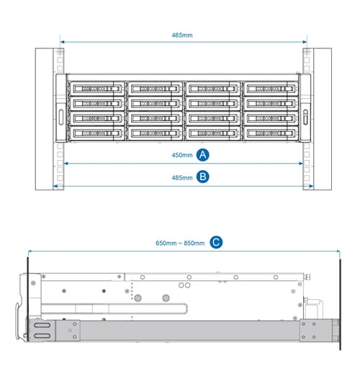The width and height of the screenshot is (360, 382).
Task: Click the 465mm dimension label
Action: (x=182, y=35)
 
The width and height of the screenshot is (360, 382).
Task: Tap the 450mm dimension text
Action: (x=182, y=155)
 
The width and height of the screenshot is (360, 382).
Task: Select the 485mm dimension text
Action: (x=182, y=178)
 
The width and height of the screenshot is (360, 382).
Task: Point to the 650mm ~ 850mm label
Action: (x=180, y=243)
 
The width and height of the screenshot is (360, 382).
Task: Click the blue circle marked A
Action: (x=203, y=155)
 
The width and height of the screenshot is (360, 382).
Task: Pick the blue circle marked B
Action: (x=203, y=177)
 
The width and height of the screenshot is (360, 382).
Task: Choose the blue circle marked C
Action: (x=216, y=242)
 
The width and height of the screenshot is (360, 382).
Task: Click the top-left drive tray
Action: (x=97, y=89)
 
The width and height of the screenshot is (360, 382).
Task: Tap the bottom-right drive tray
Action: (x=271, y=133)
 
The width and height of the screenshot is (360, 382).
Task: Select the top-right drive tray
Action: (x=271, y=89)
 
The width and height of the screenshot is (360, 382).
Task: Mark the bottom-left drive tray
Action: (x=97, y=133)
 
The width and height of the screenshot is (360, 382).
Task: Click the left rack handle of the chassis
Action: (x=61, y=117)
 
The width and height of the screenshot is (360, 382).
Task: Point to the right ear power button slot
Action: (x=305, y=117)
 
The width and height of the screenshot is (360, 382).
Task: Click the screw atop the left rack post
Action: (x=60, y=52)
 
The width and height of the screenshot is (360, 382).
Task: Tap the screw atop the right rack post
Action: (x=307, y=52)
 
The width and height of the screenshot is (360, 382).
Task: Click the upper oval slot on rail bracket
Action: (x=42, y=325)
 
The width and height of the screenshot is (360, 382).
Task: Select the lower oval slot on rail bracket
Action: (x=42, y=336)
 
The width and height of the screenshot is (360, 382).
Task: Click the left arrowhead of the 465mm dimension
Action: (x=62, y=42)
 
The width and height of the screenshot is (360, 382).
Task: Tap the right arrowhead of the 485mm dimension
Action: (x=311, y=187)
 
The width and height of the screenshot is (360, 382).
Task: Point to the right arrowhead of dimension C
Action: (x=338, y=251)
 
